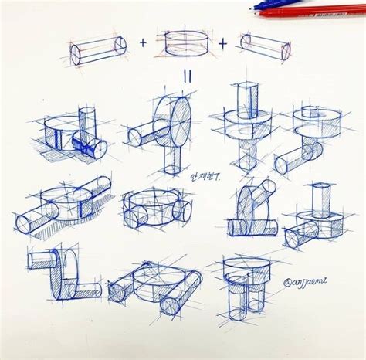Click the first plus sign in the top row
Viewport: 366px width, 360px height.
click(142, 43)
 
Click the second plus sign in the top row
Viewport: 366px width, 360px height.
click(222, 43)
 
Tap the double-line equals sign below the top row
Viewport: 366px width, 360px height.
click(187, 76)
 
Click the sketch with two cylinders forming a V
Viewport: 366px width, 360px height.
click(251, 209)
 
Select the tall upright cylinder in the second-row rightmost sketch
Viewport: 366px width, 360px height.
click(321, 199)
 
